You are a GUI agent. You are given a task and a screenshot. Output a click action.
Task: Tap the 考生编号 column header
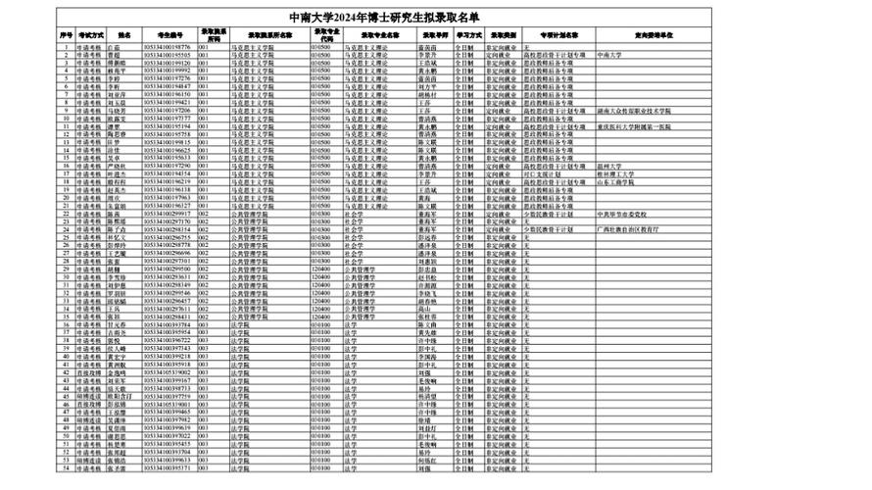(x=169, y=33)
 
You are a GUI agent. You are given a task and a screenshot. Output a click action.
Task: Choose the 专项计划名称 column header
(x=558, y=33)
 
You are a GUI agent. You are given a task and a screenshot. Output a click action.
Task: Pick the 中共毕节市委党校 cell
(x=627, y=214)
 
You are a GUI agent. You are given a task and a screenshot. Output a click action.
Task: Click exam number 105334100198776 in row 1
(x=169, y=46)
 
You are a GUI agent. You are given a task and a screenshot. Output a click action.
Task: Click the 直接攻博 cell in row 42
(x=88, y=373)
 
